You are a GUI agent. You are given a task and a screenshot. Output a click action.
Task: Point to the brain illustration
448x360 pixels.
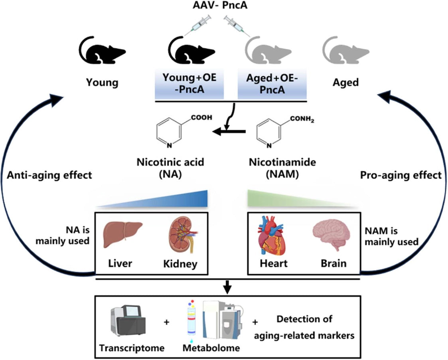pyautogui.click(x=332, y=236)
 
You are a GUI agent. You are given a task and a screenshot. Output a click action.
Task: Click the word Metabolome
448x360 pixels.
pyautogui.click(x=211, y=347)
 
